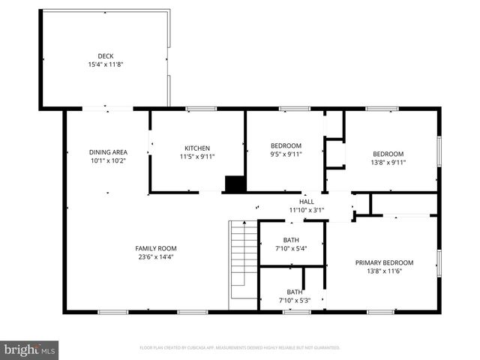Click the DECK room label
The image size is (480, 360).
tap(104, 55)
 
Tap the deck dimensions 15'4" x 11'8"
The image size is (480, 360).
tap(104, 64)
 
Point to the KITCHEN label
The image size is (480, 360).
tap(197, 148)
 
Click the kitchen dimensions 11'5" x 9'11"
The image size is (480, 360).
tap(197, 157)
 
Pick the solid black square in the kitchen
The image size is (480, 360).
tap(235, 184)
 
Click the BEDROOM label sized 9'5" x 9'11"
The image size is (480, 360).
tap(286, 145)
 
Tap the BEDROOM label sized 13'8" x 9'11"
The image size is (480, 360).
tap(388, 154)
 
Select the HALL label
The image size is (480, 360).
tap(307, 202)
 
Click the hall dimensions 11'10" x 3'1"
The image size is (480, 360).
tap(307, 211)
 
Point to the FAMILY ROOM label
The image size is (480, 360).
tap(155, 248)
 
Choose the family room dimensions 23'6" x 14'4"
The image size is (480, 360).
tap(155, 257)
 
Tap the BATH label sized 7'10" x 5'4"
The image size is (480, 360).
tap(291, 240)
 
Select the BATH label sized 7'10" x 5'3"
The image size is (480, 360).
tap(294, 292)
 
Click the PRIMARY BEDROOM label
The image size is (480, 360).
tap(384, 262)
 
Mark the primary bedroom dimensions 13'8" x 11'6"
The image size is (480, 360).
tap(384, 271)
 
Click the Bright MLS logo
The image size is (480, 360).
tap(30, 349)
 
